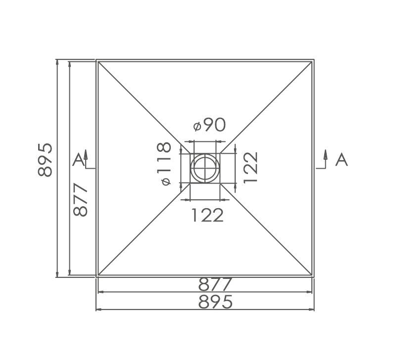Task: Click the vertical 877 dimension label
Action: [80, 199]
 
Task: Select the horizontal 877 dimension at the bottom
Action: [215, 285]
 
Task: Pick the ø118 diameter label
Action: [164, 164]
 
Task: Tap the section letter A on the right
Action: [341, 159]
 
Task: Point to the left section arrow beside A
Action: [86, 157]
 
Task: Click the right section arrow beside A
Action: [326, 157]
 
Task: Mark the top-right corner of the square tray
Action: [314, 60]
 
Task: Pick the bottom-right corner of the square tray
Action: [314, 276]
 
